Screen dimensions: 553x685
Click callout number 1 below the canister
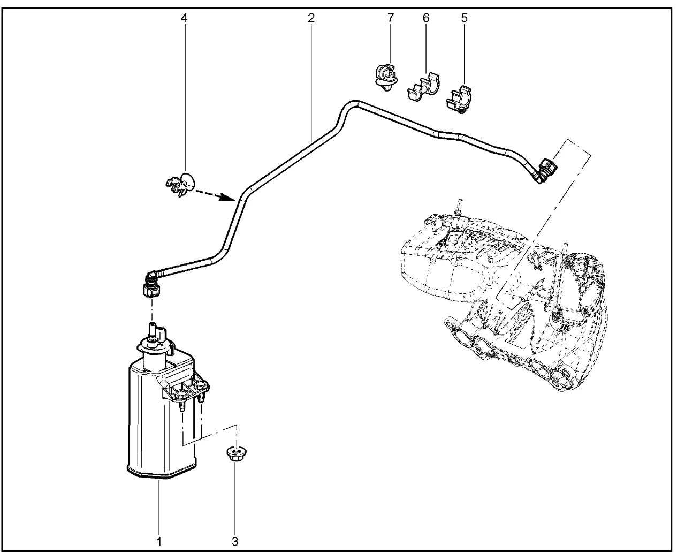click(x=159, y=542)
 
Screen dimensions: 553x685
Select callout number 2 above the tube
click(x=311, y=18)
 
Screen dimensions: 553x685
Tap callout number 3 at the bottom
click(x=235, y=542)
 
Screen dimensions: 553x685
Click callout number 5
click(x=464, y=18)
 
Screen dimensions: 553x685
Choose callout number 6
click(x=426, y=18)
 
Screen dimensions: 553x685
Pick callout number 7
click(x=390, y=18)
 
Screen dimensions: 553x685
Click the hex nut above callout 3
click(x=234, y=456)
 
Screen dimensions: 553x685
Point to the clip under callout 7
click(x=385, y=77)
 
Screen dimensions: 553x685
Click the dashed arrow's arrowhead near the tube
click(x=231, y=199)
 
